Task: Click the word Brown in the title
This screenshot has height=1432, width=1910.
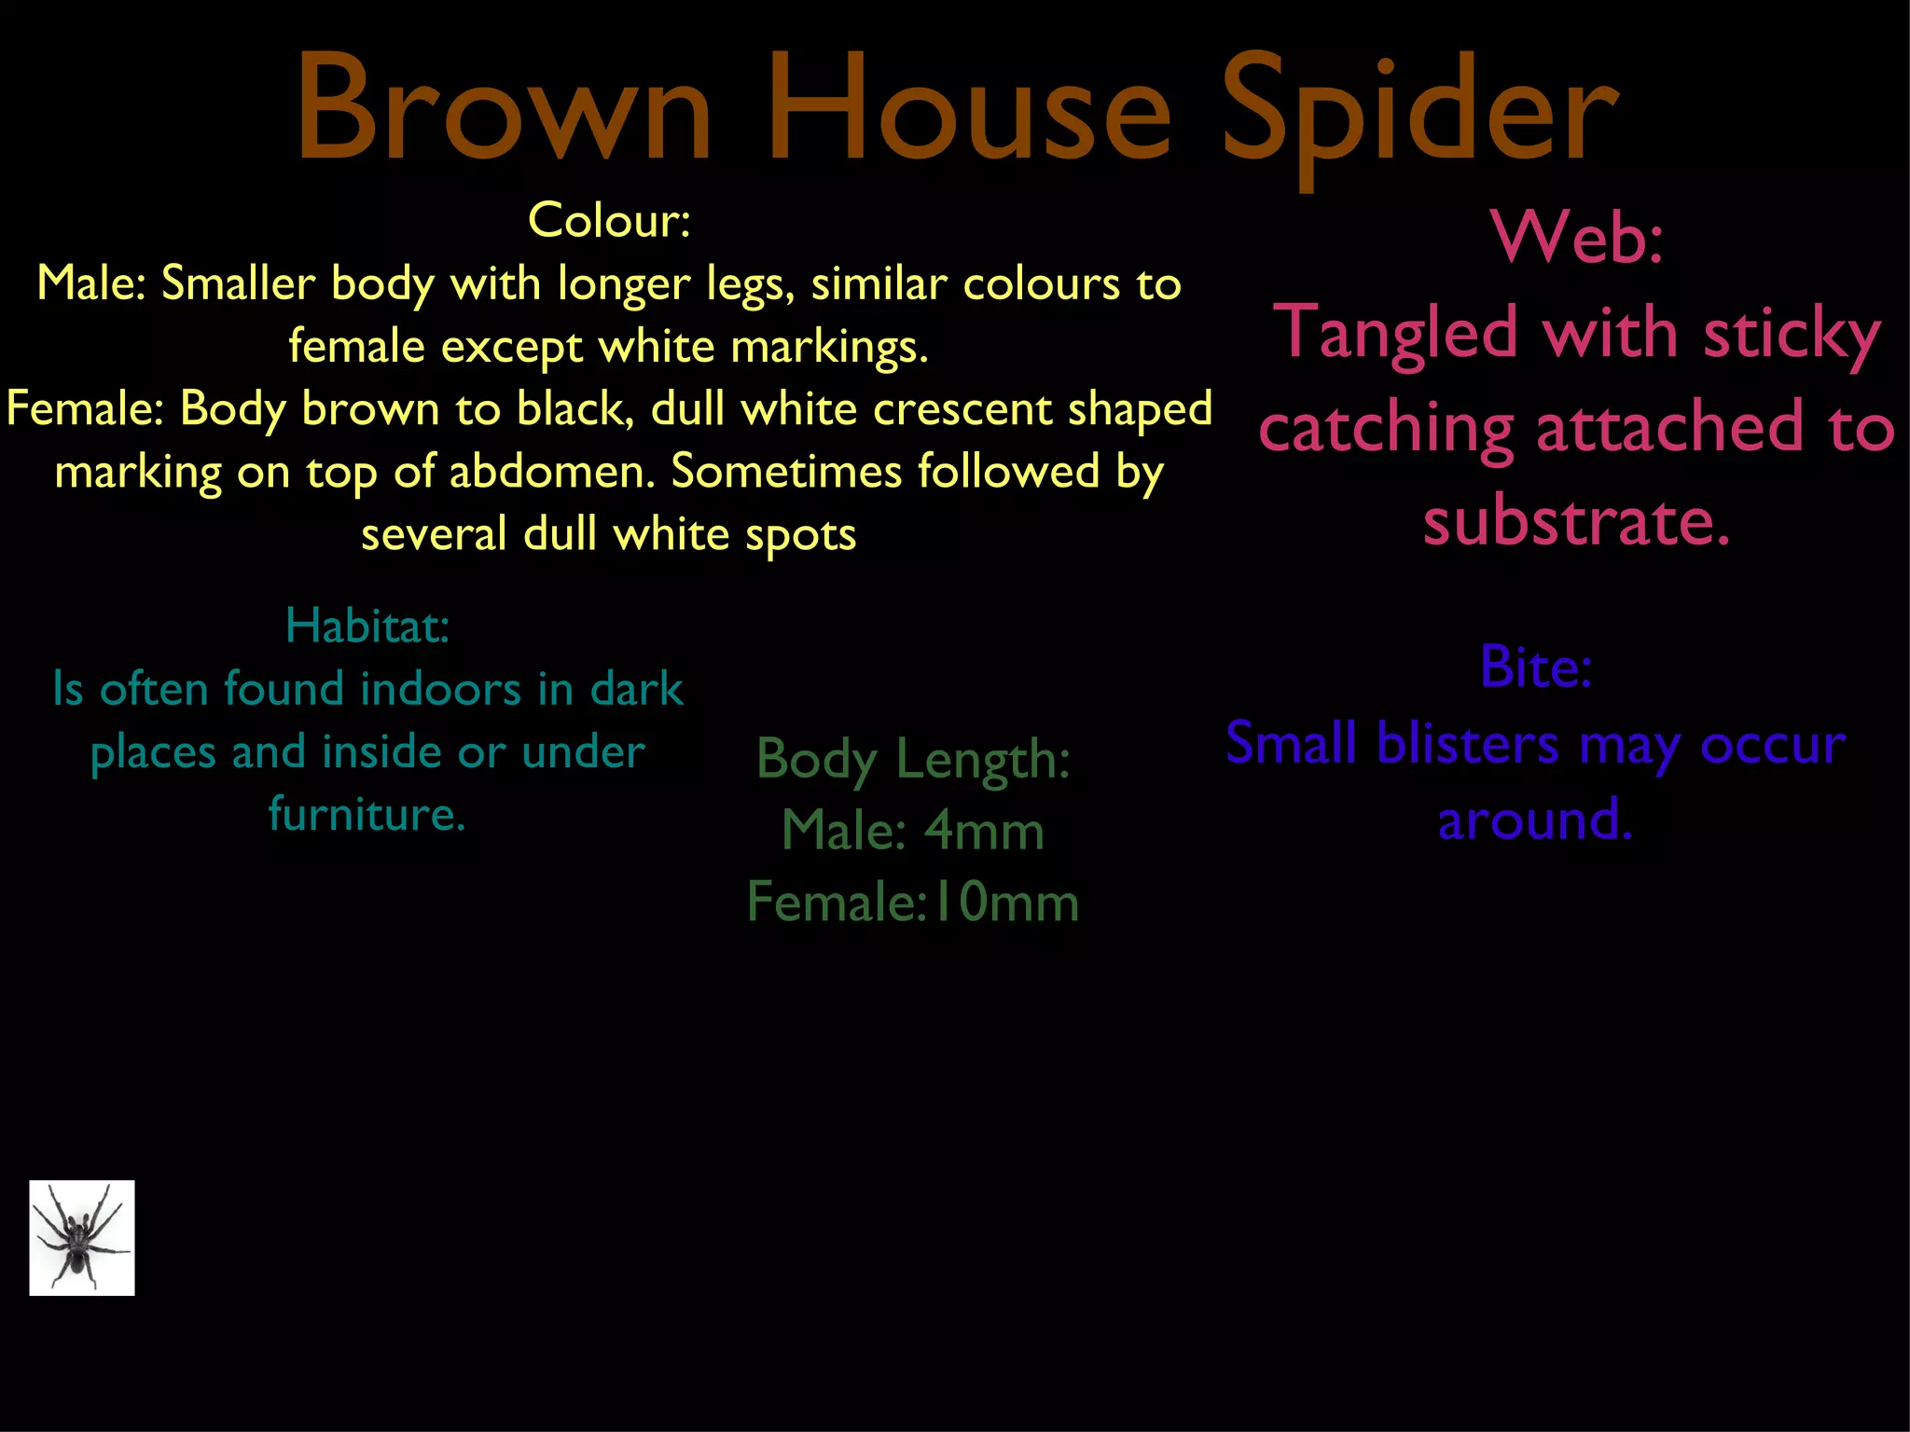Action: pos(504,110)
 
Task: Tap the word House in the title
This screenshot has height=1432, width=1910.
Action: pos(968,110)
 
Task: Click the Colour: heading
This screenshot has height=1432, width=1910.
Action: pos(609,221)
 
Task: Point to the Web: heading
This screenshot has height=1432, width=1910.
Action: pos(1577,237)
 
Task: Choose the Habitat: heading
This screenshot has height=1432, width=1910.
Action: pos(367,626)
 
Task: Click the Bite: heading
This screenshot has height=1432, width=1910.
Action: pos(1536,668)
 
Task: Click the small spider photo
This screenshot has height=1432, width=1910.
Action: pos(82,1237)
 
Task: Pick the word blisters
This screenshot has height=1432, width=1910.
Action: pos(1467,744)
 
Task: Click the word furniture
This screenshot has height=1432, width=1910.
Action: pos(367,814)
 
